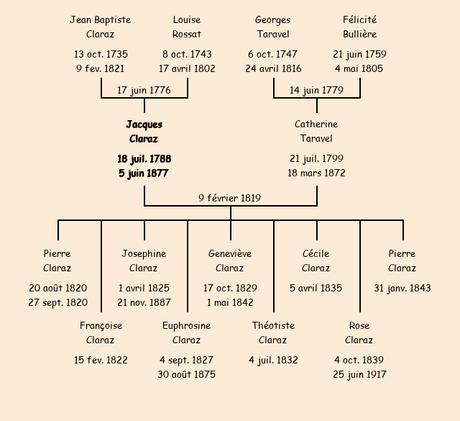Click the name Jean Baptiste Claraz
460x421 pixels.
point(101,27)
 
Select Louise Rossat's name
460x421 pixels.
point(187,27)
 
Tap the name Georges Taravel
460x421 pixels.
point(273,27)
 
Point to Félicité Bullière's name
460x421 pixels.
point(359,27)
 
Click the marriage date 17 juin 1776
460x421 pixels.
point(144,90)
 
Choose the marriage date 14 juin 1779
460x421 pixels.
point(316,90)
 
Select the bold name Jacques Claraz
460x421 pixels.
point(144,132)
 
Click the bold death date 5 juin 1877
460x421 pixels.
point(144,173)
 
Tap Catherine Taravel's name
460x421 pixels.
point(316,132)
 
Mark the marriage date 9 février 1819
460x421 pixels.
point(230,198)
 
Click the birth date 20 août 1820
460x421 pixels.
point(57,288)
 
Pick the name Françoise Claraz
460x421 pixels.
point(101,332)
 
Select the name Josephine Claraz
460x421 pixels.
point(144,261)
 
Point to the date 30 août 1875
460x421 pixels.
point(187,374)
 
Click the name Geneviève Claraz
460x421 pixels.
point(230,261)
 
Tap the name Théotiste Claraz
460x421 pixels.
point(273,332)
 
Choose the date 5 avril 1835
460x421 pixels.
point(316,288)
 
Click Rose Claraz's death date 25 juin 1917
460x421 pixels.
point(359,374)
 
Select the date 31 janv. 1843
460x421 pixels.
point(402,288)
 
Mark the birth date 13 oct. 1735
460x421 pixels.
point(101,54)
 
